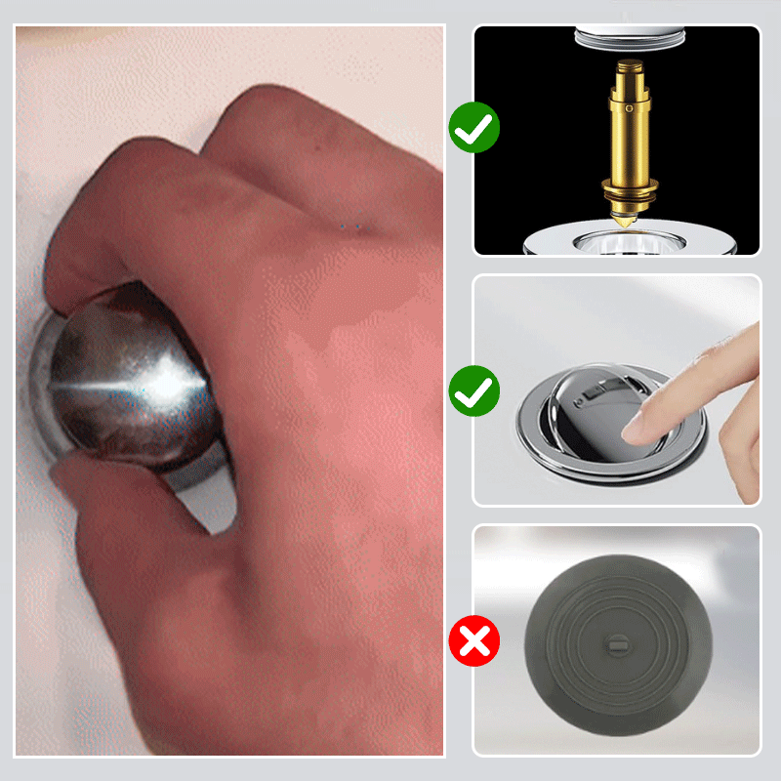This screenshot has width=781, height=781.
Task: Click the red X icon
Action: click(474, 641)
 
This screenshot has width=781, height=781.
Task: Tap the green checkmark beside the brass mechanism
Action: click(474, 128)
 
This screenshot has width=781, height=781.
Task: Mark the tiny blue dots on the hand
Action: click(349, 227)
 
